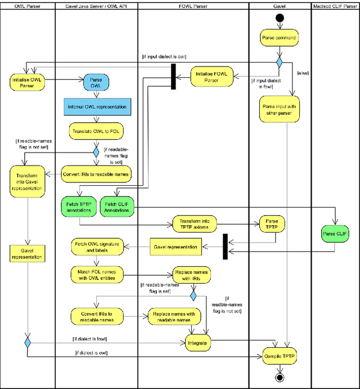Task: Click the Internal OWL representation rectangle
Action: (x=97, y=106)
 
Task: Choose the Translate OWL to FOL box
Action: (x=97, y=131)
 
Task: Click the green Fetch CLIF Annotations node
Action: (x=116, y=207)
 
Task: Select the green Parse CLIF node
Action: (x=335, y=233)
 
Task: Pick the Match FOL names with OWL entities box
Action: (x=97, y=275)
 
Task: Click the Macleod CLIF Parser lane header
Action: (x=335, y=6)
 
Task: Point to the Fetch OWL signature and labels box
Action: (x=97, y=248)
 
